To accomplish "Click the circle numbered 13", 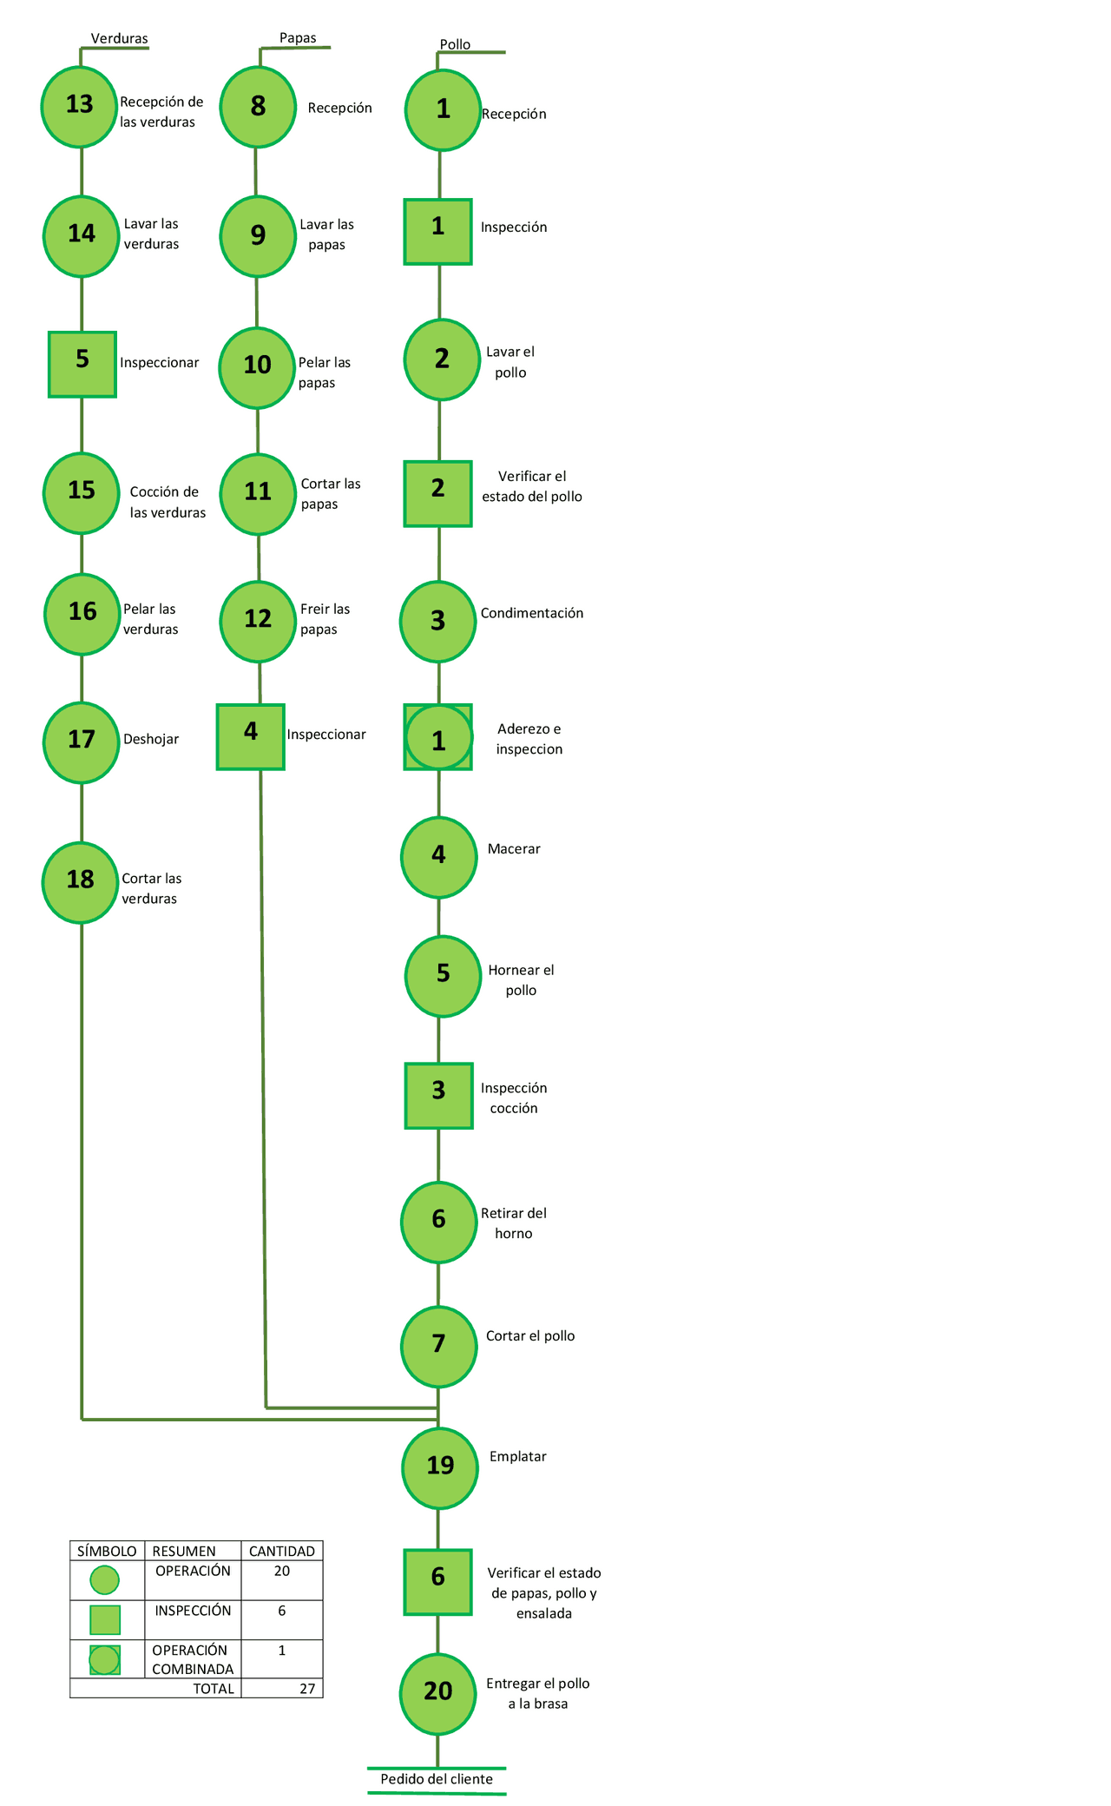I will (x=79, y=106).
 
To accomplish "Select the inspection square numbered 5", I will (x=82, y=364).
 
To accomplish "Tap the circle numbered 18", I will (x=81, y=881).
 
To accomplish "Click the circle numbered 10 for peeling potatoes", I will (x=257, y=367).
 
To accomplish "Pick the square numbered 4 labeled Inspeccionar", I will (x=251, y=736).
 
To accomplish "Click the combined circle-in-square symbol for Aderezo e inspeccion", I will (x=438, y=737).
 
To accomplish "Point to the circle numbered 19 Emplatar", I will (x=440, y=1467).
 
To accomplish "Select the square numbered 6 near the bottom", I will (x=438, y=1582).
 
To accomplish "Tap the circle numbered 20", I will (x=438, y=1692).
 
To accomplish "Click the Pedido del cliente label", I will (x=437, y=1779).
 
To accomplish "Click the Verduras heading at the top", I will (x=120, y=39).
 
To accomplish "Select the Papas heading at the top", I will (x=298, y=38).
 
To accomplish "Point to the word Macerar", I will (x=514, y=849).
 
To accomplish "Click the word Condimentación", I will (x=532, y=613).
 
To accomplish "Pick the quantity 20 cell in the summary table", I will (x=282, y=1571).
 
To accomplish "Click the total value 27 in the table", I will (x=307, y=1688).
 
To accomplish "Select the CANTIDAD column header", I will (x=282, y=1551).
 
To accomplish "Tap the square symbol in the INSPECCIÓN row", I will (x=105, y=1619).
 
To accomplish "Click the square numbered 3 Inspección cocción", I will (x=439, y=1096).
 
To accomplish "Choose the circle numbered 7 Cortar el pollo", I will (x=439, y=1347).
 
